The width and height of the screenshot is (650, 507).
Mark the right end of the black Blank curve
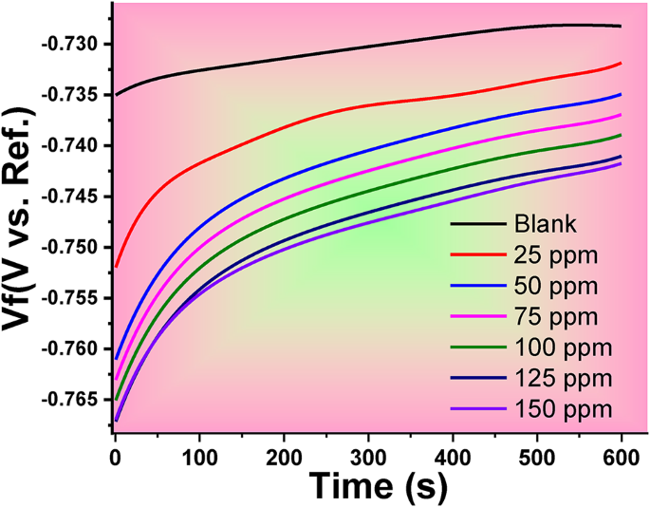pyautogui.click(x=621, y=27)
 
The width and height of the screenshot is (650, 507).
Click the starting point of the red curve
pyautogui.click(x=115, y=267)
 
